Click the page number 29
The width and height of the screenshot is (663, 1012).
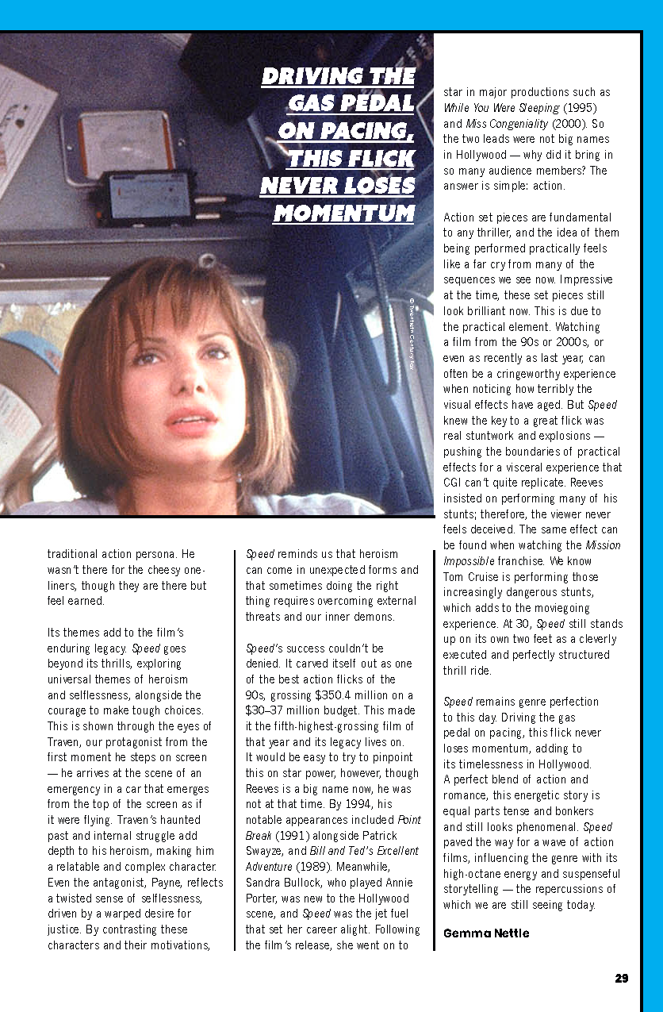click(x=621, y=978)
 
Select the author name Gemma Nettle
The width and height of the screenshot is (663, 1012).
click(x=485, y=933)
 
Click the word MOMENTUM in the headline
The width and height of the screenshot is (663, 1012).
click(x=343, y=214)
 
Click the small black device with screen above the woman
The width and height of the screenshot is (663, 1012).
click(x=148, y=195)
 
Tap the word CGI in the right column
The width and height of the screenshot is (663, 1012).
click(x=454, y=483)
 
